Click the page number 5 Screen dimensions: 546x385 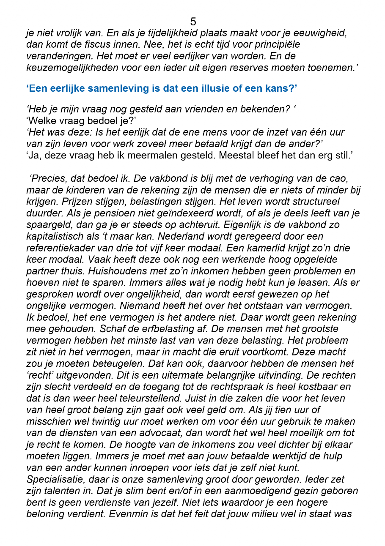[x=193, y=22]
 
